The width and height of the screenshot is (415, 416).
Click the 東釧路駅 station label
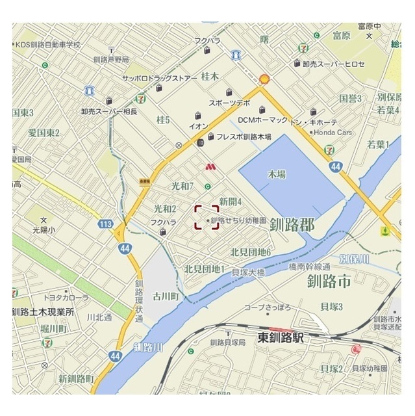(x=281, y=338)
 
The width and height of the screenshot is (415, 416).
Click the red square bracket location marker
(x=207, y=217)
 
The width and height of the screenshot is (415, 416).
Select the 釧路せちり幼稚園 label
(x=238, y=221)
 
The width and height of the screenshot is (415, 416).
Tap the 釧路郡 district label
(x=292, y=226)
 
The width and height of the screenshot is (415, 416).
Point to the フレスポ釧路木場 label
(x=244, y=137)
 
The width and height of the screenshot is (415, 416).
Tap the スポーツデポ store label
(x=229, y=103)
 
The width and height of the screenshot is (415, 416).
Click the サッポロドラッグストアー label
(x=159, y=78)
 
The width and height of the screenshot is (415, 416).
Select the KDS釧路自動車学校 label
(x=48, y=45)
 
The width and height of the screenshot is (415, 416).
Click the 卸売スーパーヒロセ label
(x=334, y=64)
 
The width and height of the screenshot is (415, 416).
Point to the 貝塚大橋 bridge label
(x=248, y=273)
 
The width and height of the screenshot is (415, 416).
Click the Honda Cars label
(x=337, y=133)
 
